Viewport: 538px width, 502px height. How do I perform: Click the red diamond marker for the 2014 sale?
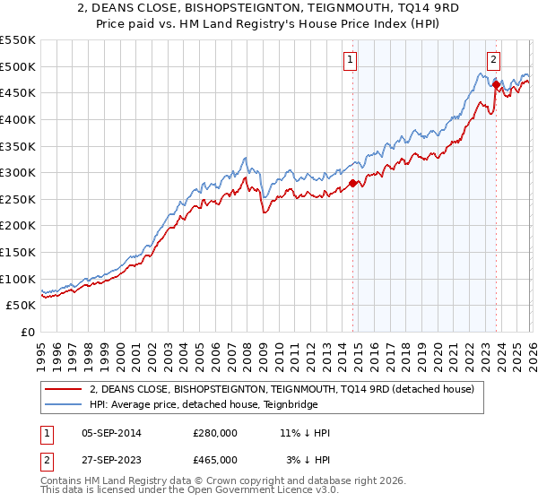pyautogui.click(x=352, y=183)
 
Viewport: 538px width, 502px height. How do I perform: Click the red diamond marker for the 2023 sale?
pyautogui.click(x=496, y=84)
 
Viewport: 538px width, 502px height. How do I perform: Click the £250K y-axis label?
pyautogui.click(x=18, y=199)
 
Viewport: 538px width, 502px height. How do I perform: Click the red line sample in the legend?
pyautogui.click(x=63, y=389)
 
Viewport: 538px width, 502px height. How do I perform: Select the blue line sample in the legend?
pyautogui.click(x=63, y=404)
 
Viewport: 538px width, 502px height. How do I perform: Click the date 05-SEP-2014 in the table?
pyautogui.click(x=110, y=433)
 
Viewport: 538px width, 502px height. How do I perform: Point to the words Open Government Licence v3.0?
pyautogui.click(x=270, y=492)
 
